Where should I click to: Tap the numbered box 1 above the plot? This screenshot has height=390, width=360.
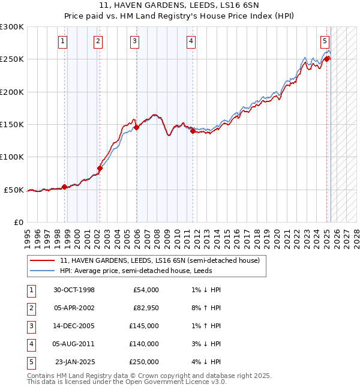pos(63,41)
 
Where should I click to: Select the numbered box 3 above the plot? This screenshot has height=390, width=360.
pos(134,41)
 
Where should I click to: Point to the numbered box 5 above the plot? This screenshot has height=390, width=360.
pos(325,41)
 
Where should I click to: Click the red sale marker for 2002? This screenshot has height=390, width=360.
pos(100,168)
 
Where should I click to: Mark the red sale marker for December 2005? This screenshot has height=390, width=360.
pos(136,127)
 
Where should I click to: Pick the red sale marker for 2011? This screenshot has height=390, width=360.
pos(193,131)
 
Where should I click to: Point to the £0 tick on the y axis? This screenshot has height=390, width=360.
pos(19,222)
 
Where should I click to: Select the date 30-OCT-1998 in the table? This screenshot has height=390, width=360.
pos(74,290)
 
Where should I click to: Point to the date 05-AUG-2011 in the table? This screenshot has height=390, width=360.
pos(74,344)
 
